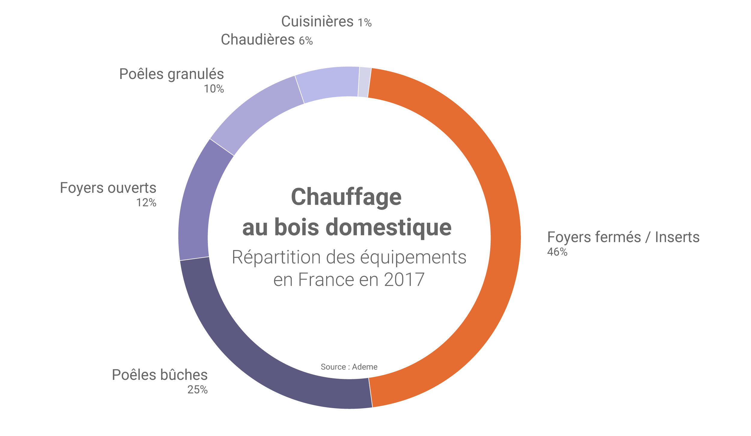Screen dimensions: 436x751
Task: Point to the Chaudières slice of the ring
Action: point(329,83)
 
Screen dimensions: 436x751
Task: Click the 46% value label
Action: point(557,252)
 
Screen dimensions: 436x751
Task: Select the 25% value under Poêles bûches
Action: point(197,390)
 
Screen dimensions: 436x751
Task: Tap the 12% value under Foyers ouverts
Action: point(146,203)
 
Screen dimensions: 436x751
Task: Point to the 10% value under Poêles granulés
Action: point(214,89)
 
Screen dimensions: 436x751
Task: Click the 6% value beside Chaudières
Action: point(306,41)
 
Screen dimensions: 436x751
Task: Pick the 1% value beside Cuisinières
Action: point(365,23)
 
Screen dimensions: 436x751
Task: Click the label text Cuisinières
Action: point(317,22)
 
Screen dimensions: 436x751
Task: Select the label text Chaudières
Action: point(258,40)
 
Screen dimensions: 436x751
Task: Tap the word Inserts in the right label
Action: point(677,237)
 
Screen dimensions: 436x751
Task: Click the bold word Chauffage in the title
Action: point(346,197)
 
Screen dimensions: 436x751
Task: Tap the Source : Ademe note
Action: point(349,367)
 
